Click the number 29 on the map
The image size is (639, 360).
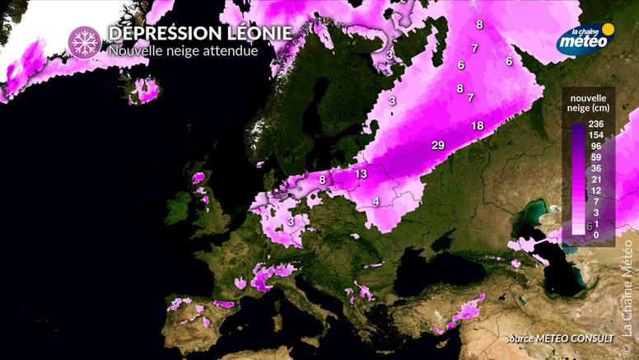(x=438, y=145)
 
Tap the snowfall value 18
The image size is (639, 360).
(x=478, y=126)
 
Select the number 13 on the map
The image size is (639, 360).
(x=361, y=174)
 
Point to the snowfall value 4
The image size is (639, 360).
(x=376, y=202)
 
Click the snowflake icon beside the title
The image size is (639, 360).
(x=82, y=43)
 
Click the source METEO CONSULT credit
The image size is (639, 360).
(x=560, y=339)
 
